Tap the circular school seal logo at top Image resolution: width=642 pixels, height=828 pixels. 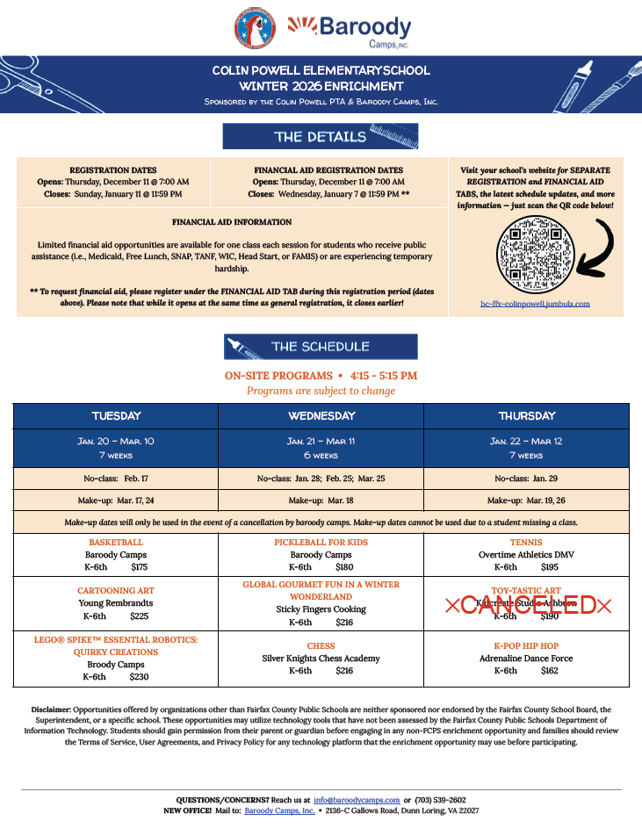(256, 29)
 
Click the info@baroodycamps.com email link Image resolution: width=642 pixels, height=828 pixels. (357, 800)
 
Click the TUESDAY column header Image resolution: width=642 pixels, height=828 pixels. (116, 415)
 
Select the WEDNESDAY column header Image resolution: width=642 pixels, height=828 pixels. (321, 415)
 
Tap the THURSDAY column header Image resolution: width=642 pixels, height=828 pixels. (527, 415)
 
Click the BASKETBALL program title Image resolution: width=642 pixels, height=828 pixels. (115, 543)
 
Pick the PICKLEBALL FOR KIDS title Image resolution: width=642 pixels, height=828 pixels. (321, 543)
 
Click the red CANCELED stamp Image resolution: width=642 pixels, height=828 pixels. (527, 605)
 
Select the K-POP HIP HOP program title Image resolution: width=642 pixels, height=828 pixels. (526, 646)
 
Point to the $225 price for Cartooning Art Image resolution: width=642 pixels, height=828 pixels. (139, 616)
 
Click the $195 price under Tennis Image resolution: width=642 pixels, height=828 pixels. (550, 567)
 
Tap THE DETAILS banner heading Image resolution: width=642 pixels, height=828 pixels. (320, 137)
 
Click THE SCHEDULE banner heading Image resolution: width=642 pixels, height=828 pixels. (320, 347)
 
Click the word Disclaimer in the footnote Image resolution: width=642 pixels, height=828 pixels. (51, 709)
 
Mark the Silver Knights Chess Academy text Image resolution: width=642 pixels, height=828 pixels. (321, 659)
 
